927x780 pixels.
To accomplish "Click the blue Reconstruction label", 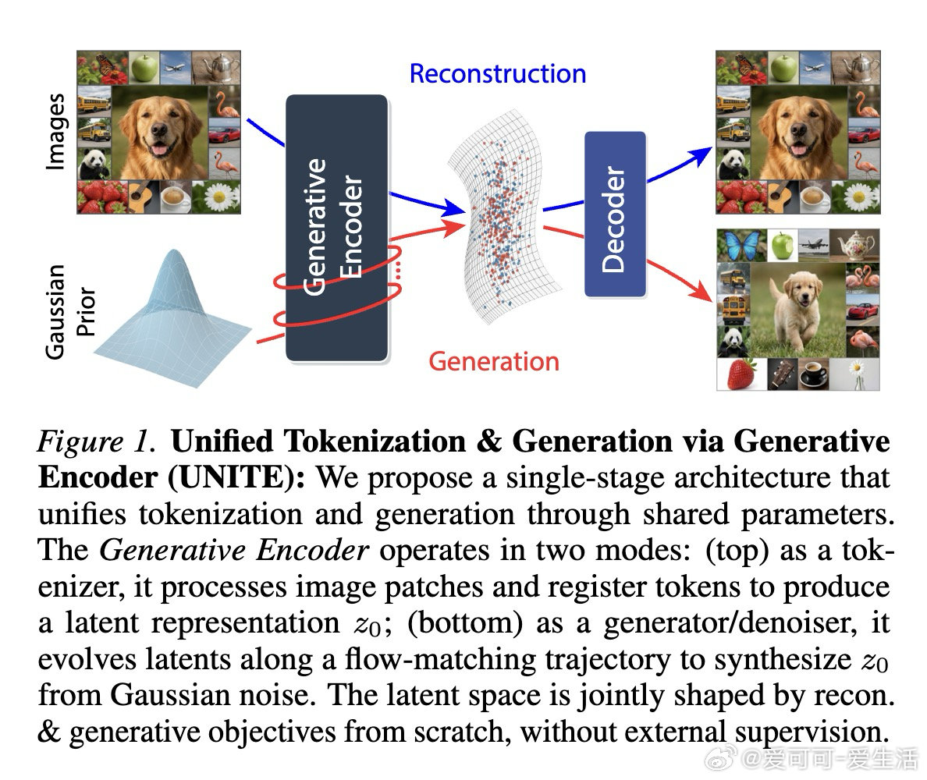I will tap(497, 74).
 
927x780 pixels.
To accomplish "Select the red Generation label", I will tap(494, 362).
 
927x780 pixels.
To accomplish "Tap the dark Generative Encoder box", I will tap(336, 227).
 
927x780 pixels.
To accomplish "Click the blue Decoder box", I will tap(615, 214).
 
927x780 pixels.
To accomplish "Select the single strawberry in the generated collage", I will tap(741, 374).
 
